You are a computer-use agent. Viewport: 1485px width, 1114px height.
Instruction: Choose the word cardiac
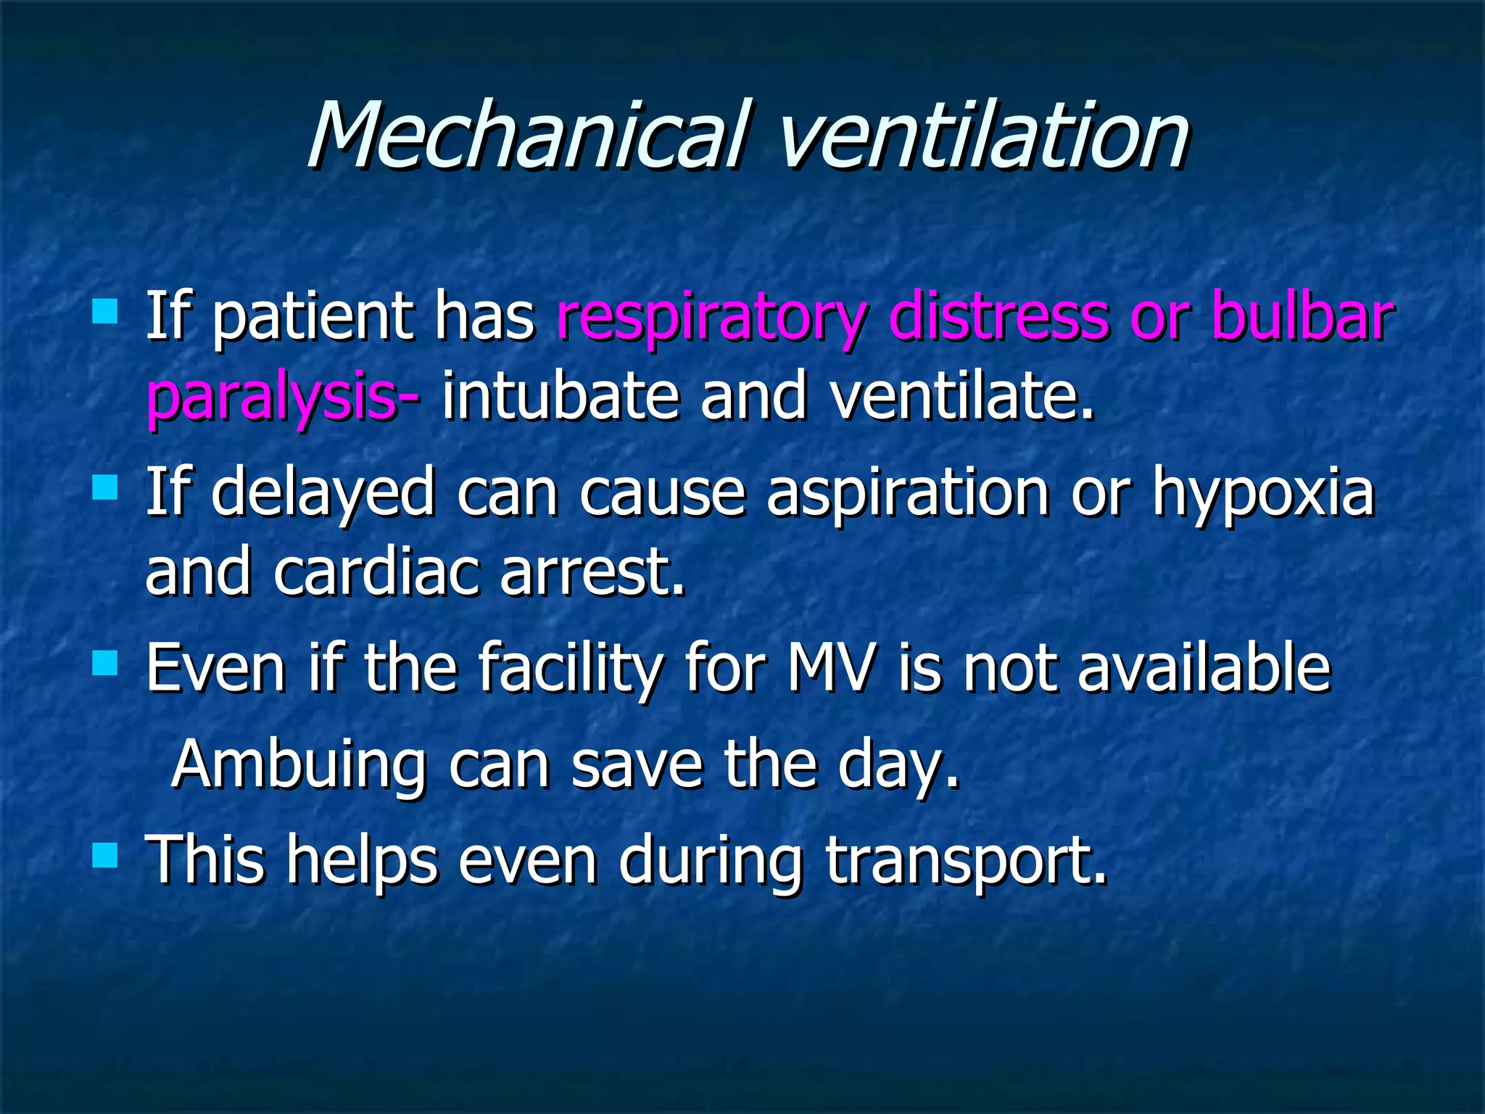click(377, 573)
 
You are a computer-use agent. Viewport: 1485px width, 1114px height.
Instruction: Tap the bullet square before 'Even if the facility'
click(106, 663)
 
